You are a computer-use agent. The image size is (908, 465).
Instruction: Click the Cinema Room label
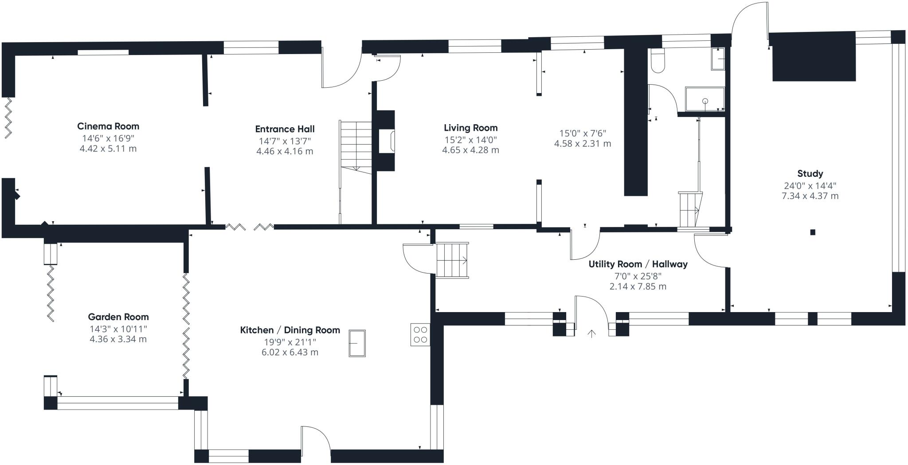click(108, 126)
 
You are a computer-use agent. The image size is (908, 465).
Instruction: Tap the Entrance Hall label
click(285, 129)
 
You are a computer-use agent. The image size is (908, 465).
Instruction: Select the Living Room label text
click(470, 128)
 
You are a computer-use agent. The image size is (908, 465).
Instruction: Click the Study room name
click(810, 173)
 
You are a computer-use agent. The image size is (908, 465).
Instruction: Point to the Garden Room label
click(118, 317)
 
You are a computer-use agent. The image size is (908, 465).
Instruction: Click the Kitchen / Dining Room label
click(290, 330)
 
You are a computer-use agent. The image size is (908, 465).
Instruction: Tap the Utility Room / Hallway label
click(638, 264)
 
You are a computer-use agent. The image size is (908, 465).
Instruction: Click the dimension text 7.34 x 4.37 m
click(810, 196)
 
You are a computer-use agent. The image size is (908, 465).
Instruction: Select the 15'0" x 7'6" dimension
click(582, 133)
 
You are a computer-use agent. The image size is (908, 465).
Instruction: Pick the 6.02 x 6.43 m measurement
click(290, 352)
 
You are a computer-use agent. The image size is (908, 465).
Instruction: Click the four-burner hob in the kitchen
click(420, 335)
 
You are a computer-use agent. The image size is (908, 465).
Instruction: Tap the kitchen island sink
click(357, 343)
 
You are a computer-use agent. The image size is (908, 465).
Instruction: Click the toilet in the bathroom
click(658, 61)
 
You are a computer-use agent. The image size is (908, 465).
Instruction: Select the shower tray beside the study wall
click(704, 99)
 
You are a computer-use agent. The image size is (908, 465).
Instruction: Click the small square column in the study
click(812, 232)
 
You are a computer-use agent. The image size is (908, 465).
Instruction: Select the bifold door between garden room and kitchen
click(186, 326)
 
